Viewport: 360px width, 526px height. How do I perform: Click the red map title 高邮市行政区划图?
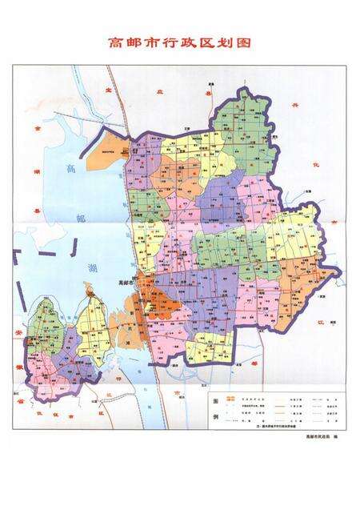pyautogui.click(x=180, y=42)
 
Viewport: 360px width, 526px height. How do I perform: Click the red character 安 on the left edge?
pyautogui.click(x=19, y=331)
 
